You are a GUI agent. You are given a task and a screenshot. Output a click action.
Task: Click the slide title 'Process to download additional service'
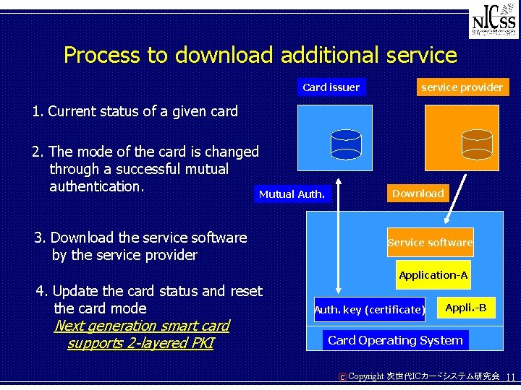tap(260, 55)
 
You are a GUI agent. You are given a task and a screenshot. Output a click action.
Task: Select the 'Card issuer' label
tap(331, 87)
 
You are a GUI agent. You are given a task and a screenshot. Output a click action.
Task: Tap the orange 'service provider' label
tap(462, 87)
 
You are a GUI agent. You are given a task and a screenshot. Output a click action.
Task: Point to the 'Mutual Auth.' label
tap(292, 194)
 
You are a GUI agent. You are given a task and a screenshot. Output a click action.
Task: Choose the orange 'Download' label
tap(418, 194)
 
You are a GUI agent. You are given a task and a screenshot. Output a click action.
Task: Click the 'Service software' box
tap(430, 243)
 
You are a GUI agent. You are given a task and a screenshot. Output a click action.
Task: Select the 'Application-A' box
tap(433, 275)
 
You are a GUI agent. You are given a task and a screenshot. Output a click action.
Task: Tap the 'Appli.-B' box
tap(465, 308)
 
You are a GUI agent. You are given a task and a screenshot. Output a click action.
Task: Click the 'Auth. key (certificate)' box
tap(370, 310)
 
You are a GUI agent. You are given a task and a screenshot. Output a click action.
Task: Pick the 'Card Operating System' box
tap(395, 340)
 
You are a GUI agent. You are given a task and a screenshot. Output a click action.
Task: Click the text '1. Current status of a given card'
tap(135, 112)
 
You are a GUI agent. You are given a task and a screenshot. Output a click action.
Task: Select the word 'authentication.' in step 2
tap(97, 186)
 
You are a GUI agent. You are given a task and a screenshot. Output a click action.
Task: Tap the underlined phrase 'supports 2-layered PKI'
tap(140, 343)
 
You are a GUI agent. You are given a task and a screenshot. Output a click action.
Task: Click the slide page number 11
tap(510, 377)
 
